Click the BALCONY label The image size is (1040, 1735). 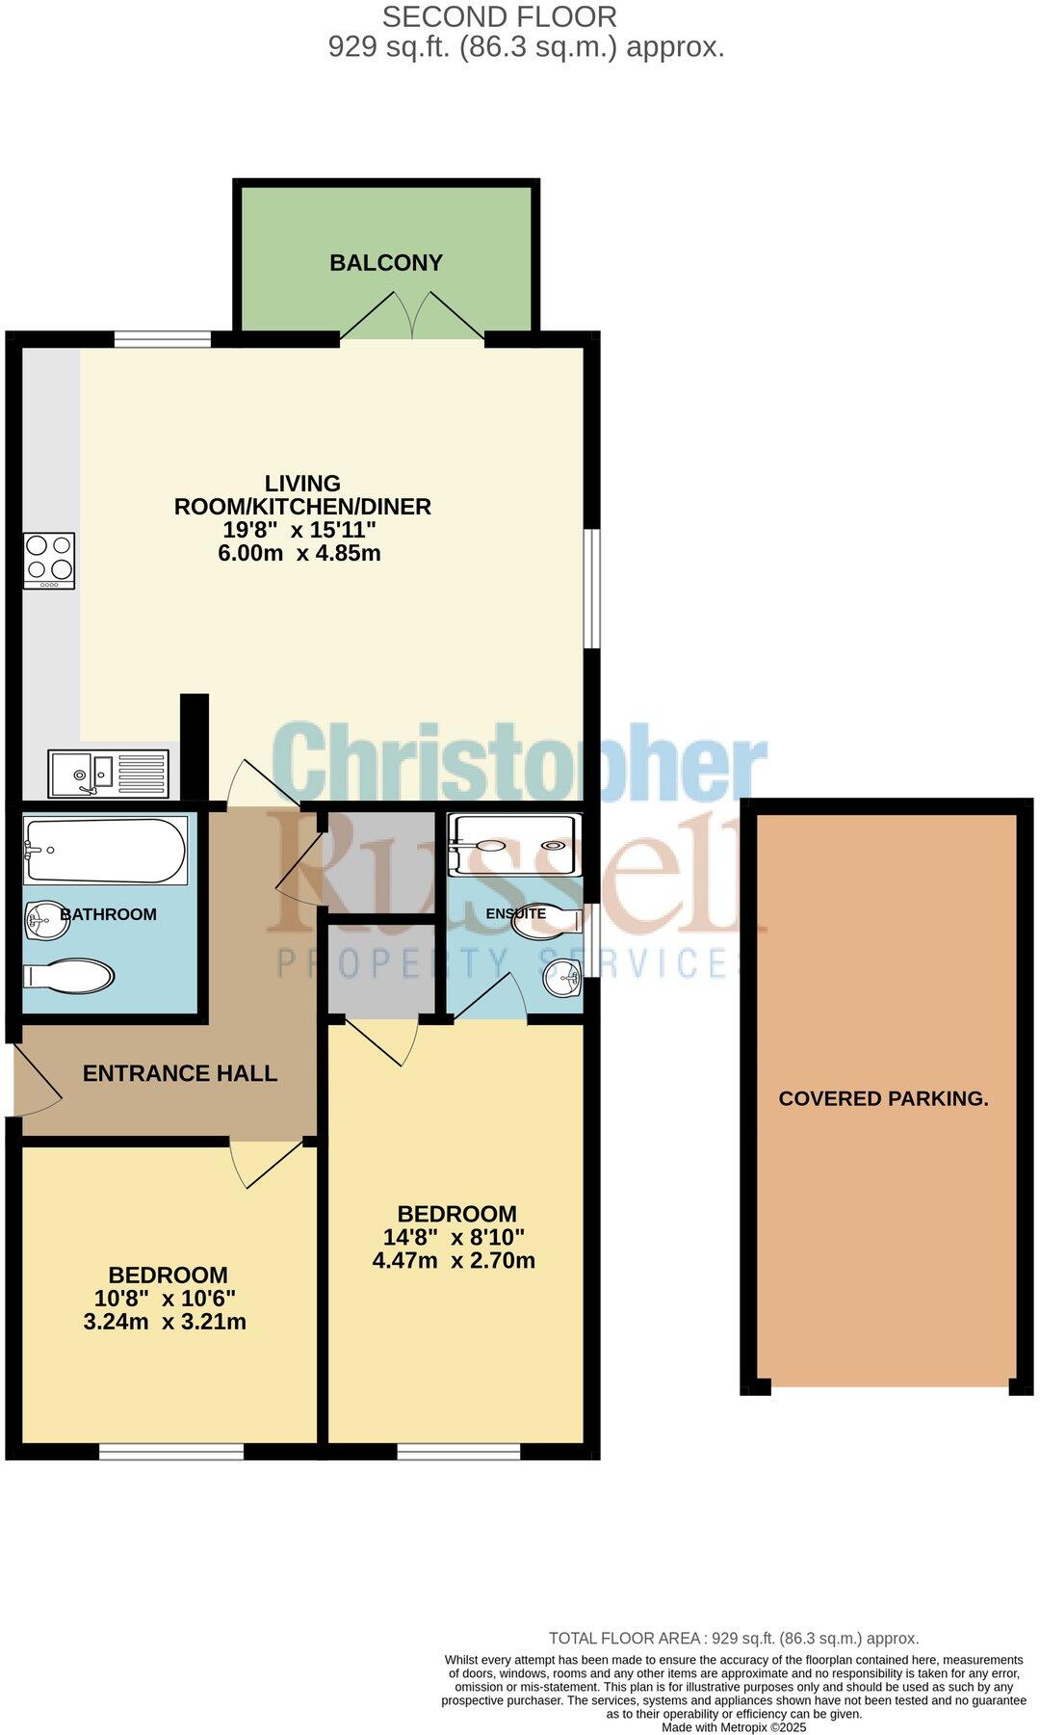(x=386, y=263)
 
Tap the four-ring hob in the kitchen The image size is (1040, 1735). (x=49, y=560)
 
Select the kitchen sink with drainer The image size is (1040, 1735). (x=109, y=774)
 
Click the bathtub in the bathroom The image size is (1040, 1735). (x=106, y=850)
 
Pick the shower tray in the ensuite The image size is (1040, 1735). (x=516, y=846)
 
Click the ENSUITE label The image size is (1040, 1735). (x=516, y=913)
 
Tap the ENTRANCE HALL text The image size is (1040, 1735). (x=180, y=1073)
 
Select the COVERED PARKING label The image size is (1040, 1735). (x=883, y=1098)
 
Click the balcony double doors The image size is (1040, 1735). (x=412, y=316)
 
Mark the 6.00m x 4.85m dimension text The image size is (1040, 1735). (x=299, y=553)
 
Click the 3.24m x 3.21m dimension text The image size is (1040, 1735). (x=165, y=1322)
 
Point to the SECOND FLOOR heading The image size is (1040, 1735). (x=500, y=16)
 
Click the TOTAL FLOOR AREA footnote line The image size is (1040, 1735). (x=734, y=1638)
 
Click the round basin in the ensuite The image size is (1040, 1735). (x=562, y=981)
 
